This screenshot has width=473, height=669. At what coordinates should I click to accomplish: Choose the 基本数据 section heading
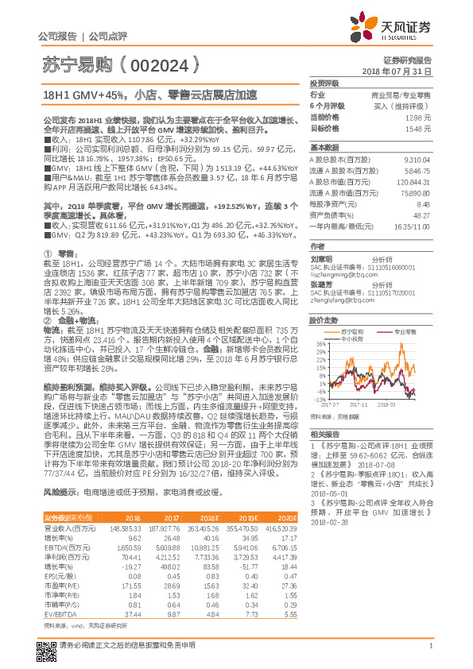pyautogui.click(x=324, y=148)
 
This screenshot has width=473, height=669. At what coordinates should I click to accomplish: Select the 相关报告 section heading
pyautogui.click(x=324, y=434)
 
